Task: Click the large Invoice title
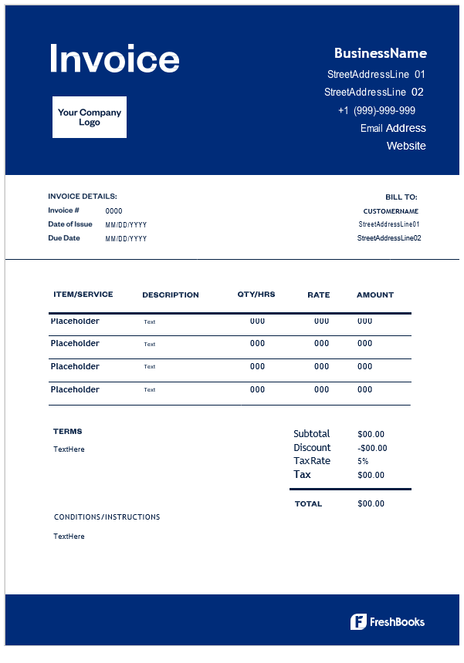pyautogui.click(x=114, y=59)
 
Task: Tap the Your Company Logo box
pyautogui.click(x=90, y=117)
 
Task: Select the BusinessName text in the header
pyautogui.click(x=380, y=53)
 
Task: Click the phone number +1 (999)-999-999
pyautogui.click(x=377, y=110)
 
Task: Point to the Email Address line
pyautogui.click(x=393, y=128)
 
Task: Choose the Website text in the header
pyautogui.click(x=406, y=146)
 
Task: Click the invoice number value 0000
pyautogui.click(x=113, y=210)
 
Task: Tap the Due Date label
pyautogui.click(x=64, y=238)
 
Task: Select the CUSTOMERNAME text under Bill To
pyautogui.click(x=391, y=210)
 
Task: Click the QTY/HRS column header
pyautogui.click(x=256, y=294)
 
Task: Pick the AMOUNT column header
pyautogui.click(x=375, y=294)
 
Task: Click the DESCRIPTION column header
pyautogui.click(x=171, y=294)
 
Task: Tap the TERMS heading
pyautogui.click(x=68, y=432)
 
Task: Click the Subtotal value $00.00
pyautogui.click(x=371, y=434)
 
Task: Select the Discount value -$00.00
pyautogui.click(x=373, y=448)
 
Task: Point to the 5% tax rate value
pyautogui.click(x=363, y=461)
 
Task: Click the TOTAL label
pyautogui.click(x=309, y=503)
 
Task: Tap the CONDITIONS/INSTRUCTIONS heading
pyautogui.click(x=107, y=517)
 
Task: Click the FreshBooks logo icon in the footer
pyautogui.click(x=358, y=622)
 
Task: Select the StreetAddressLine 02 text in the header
pyautogui.click(x=374, y=93)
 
